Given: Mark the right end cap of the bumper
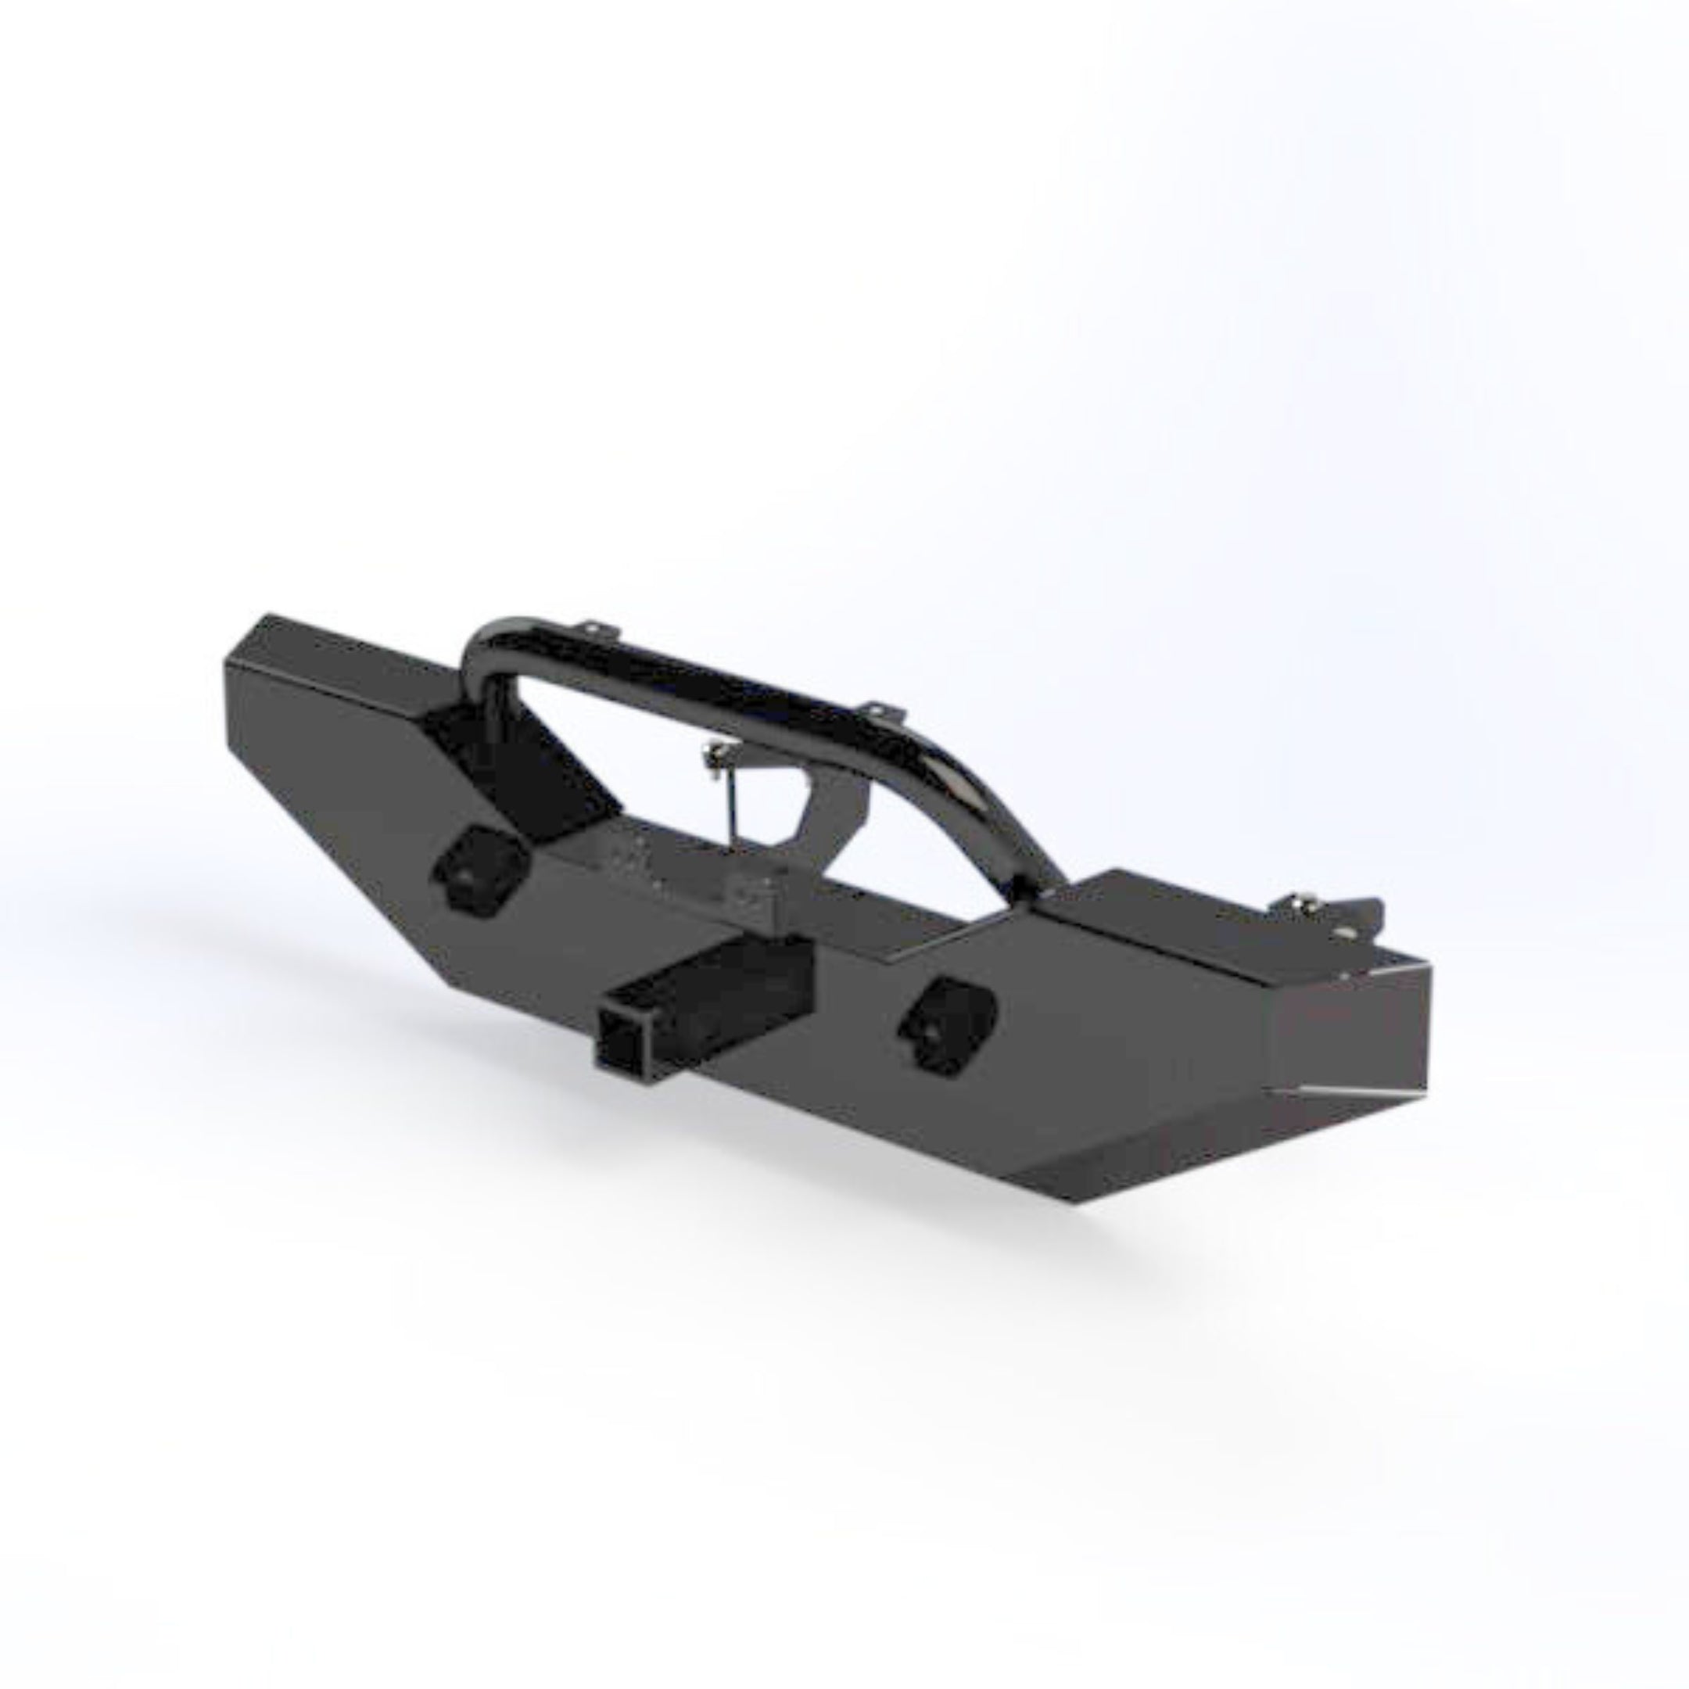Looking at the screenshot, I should click(x=1350, y=1045).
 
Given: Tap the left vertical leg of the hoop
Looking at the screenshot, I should click(x=497, y=699).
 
